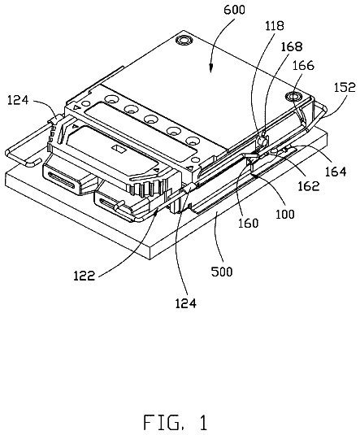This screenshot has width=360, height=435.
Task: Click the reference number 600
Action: tap(234, 10)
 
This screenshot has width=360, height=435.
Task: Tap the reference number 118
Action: tap(275, 26)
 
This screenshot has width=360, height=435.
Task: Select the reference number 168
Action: tap(292, 46)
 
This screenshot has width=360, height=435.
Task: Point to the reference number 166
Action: tap(303, 66)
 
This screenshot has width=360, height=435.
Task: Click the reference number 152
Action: tap(345, 87)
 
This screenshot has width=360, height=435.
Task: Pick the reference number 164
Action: tap(336, 172)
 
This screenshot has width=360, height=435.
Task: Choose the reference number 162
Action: tap(309, 186)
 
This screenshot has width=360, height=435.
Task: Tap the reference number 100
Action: tap(285, 214)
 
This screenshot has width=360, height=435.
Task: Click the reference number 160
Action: tap(249, 223)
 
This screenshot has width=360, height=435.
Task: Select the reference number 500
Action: tap(222, 272)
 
